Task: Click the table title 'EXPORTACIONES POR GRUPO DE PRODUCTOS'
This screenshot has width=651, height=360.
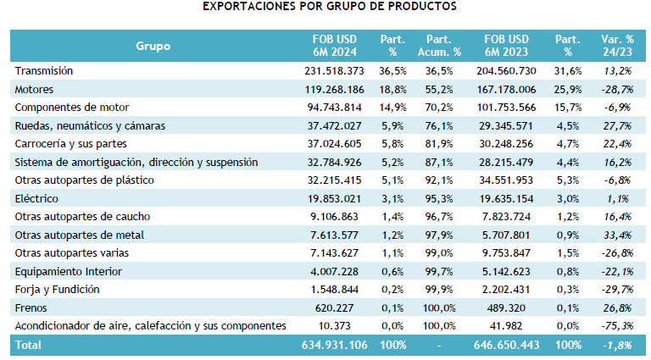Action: pos(329,7)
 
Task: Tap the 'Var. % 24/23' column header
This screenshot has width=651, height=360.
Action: pos(616,46)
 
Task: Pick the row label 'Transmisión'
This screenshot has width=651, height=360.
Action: pos(44,70)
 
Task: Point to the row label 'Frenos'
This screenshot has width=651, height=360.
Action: pos(32,307)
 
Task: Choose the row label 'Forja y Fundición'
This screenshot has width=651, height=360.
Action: pos(58,289)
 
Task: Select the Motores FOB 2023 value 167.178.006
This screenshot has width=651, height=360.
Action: pos(504,89)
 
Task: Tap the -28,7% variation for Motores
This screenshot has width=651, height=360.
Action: pos(616,89)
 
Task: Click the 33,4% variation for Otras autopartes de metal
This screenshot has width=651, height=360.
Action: pos(618,235)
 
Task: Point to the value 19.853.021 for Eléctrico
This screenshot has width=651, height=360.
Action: pos(337,198)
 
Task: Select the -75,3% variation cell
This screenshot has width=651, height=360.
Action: pos(616,325)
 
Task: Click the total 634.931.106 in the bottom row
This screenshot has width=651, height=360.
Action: pos(333,345)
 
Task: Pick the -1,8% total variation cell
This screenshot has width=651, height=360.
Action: pos(618,345)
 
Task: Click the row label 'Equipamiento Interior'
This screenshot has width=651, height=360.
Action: pos(69,271)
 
